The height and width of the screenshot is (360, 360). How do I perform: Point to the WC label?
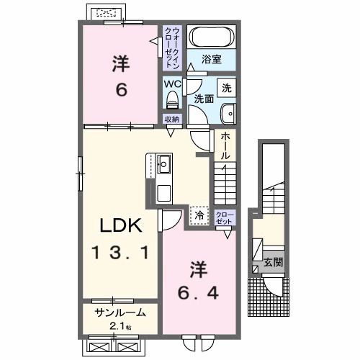click(171, 83)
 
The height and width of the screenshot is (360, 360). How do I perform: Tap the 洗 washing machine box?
click(226, 89)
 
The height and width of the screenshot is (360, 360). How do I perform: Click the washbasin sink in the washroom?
click(228, 113)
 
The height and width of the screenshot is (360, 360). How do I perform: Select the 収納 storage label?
click(171, 119)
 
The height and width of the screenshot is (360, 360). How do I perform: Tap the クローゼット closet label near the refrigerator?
click(225, 218)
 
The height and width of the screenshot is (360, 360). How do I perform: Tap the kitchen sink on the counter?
click(163, 162)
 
